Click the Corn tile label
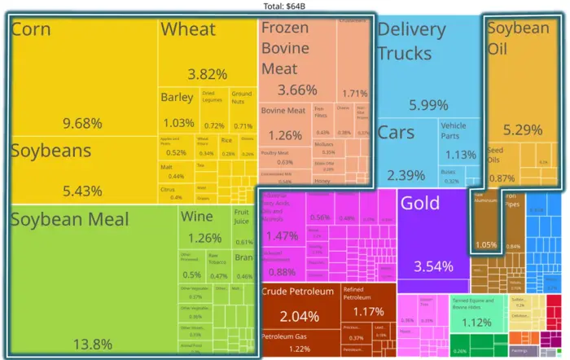coord(31,31)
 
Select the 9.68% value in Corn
coord(83,124)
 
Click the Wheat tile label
coord(187,30)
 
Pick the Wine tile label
coord(197,217)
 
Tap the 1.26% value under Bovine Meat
coord(285,135)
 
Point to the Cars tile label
coord(397,133)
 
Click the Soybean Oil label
coord(518,38)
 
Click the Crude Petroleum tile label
coord(297,292)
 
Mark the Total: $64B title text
coord(284,6)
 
